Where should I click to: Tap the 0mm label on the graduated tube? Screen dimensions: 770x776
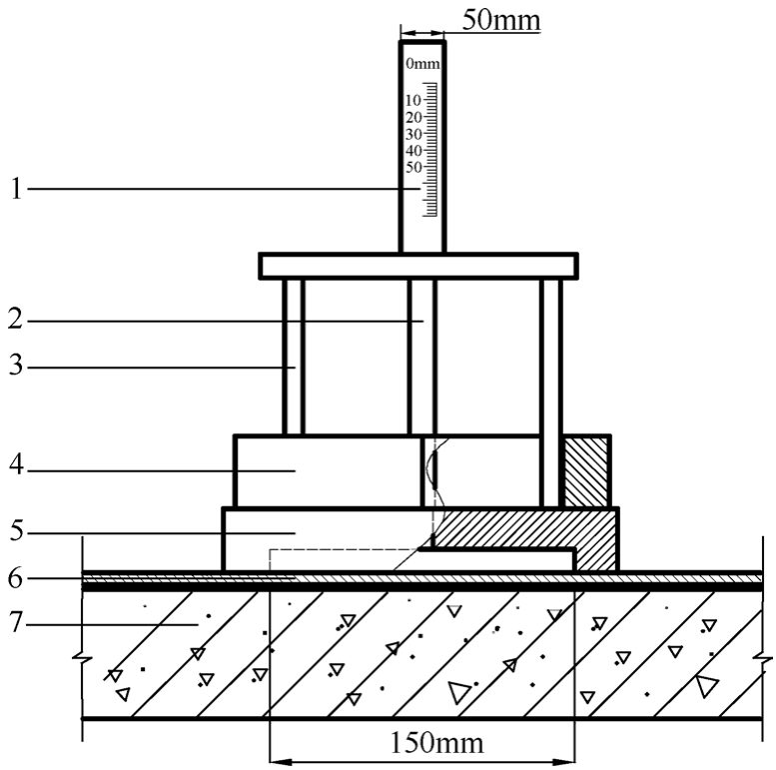pyautogui.click(x=422, y=65)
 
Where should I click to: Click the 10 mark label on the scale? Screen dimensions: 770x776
pyautogui.click(x=413, y=101)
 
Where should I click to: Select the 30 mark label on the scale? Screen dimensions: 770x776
pyautogui.click(x=413, y=134)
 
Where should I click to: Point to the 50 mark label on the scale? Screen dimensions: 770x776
pyautogui.click(x=413, y=167)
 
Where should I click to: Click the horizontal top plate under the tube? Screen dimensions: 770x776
pyautogui.click(x=418, y=265)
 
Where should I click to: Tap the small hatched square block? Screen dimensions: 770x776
pyautogui.click(x=586, y=470)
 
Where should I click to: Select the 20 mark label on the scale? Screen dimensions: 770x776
pyautogui.click(x=413, y=118)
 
